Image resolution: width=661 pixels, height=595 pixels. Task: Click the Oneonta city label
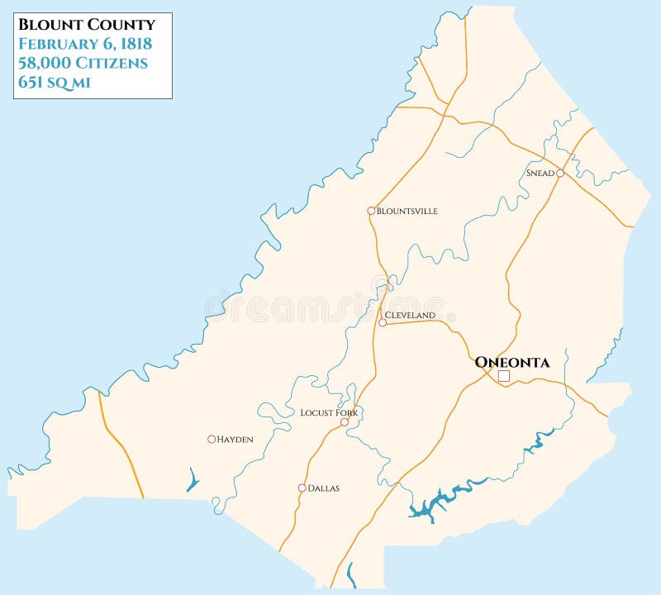click(x=511, y=362)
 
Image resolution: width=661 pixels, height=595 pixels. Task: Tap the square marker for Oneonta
click(x=504, y=376)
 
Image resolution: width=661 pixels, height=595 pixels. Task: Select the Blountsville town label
click(x=407, y=211)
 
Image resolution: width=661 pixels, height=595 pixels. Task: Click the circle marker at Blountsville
click(x=371, y=211)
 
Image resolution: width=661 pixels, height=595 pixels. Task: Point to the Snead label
click(x=540, y=173)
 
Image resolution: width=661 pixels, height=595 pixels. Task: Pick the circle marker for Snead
click(x=559, y=173)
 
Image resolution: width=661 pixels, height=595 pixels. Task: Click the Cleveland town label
click(x=410, y=316)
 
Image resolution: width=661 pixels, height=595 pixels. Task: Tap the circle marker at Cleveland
click(x=382, y=322)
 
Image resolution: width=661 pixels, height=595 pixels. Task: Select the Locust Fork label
click(x=329, y=412)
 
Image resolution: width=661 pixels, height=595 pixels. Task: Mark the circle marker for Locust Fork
click(x=345, y=421)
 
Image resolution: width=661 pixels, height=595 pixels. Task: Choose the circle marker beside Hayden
click(x=212, y=439)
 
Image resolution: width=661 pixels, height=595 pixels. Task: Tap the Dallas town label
click(x=323, y=488)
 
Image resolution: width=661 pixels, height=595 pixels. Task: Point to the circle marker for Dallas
click(x=302, y=488)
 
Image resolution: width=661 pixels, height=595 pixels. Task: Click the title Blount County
click(x=87, y=25)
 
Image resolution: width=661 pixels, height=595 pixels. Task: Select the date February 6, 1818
click(x=86, y=44)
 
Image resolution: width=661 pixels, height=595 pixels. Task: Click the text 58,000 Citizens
click(x=83, y=63)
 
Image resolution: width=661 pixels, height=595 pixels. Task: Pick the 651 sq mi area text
click(x=55, y=82)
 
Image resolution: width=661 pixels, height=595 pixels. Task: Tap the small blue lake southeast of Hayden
click(x=193, y=479)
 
